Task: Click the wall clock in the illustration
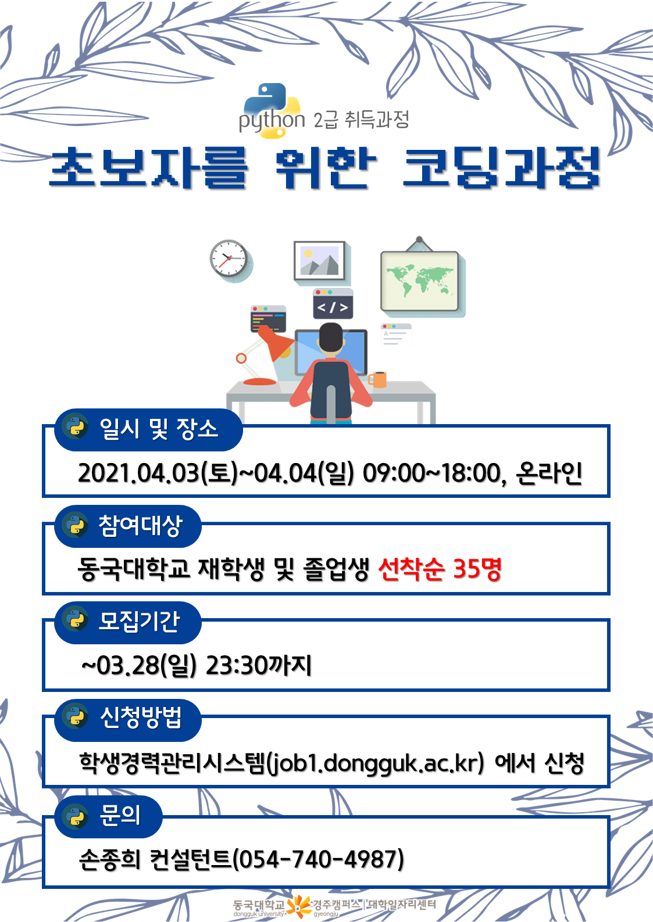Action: click(229, 259)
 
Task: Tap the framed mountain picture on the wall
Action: click(319, 261)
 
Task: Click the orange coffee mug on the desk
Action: click(378, 379)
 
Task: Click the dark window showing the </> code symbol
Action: click(333, 304)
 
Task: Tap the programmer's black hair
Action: click(331, 337)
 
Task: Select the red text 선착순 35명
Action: click(440, 569)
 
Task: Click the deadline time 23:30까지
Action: click(258, 666)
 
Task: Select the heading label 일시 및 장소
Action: click(159, 429)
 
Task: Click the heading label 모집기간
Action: click(139, 622)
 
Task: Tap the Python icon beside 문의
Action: click(75, 817)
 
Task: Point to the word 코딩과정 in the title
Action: click(501, 168)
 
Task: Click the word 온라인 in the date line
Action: click(549, 473)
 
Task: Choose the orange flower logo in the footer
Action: click(299, 906)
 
